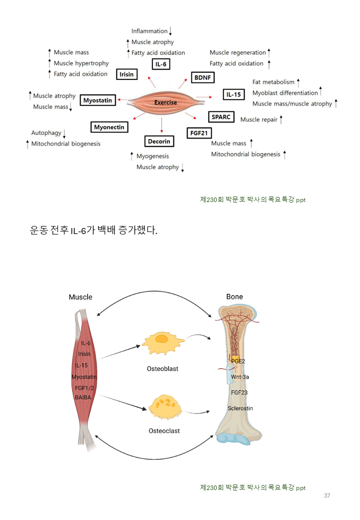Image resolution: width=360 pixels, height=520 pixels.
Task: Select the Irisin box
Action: point(126,74)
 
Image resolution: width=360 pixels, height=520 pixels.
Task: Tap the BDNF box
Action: point(202,78)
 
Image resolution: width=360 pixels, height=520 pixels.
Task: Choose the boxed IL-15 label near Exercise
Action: point(233,94)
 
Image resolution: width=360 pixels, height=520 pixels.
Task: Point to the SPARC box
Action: point(220,117)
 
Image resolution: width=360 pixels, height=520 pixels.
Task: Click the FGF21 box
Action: point(198,133)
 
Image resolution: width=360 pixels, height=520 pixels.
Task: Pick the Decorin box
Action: point(159,141)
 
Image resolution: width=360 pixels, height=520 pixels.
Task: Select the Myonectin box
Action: point(109,127)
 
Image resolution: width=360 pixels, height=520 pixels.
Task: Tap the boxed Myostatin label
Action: point(97,100)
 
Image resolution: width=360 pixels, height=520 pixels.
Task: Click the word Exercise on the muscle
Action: point(165,102)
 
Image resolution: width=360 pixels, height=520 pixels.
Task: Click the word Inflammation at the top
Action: point(149,31)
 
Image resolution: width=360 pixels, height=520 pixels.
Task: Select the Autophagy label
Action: point(46,133)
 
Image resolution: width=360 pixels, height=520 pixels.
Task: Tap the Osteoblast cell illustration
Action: point(162,342)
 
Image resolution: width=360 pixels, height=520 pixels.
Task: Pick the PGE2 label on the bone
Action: point(238,360)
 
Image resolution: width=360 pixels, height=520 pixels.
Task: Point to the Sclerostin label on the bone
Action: point(240,408)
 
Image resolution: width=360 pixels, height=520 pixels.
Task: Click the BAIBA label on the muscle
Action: point(83,397)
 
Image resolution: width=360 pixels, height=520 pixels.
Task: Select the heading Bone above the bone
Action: point(234,297)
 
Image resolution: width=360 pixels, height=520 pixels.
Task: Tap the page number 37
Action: point(327,495)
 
